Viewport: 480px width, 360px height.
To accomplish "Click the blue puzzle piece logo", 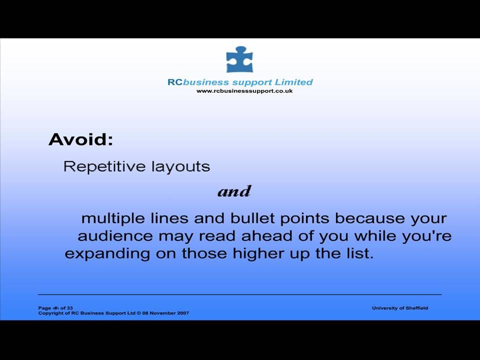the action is pyautogui.click(x=239, y=59).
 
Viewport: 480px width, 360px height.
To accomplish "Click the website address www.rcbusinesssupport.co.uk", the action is pyautogui.click(x=244, y=91).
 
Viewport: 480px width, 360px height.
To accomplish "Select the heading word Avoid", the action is pyautogui.click(x=81, y=139).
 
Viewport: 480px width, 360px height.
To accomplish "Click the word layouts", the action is pyautogui.click(x=181, y=167).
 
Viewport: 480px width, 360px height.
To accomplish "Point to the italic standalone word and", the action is pyautogui.click(x=234, y=191).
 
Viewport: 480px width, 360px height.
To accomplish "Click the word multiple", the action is pyautogui.click(x=113, y=219).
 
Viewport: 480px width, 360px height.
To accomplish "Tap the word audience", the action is pyautogui.click(x=115, y=236).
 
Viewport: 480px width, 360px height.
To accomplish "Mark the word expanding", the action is pyautogui.click(x=107, y=254).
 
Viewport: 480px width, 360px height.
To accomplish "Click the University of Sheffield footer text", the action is pyautogui.click(x=400, y=308).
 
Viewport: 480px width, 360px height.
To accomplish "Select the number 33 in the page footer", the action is pyautogui.click(x=70, y=308).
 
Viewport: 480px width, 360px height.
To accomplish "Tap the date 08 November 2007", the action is pyautogui.click(x=165, y=313).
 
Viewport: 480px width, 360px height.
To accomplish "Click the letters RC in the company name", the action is pyautogui.click(x=175, y=82).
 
